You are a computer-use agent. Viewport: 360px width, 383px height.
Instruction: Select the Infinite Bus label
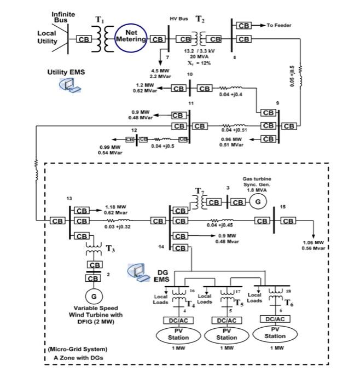63,17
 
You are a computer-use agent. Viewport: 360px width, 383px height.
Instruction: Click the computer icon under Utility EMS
69,85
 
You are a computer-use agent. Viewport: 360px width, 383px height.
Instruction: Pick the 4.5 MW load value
160,70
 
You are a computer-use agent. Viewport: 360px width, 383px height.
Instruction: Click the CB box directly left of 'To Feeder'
243,26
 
